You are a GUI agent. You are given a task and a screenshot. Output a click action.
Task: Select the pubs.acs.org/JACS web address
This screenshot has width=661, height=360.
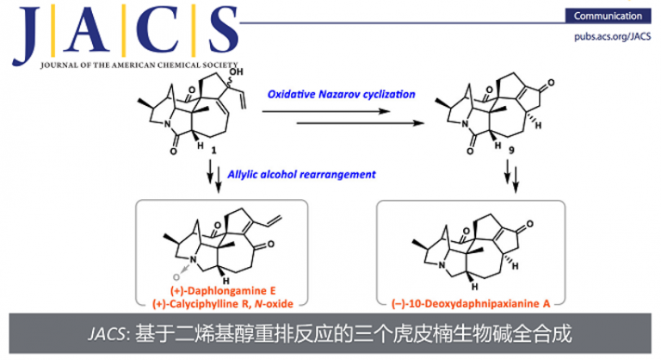tap(607, 36)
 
